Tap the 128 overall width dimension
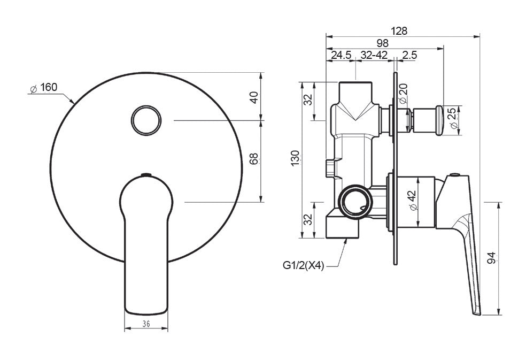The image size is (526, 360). tap(399, 31)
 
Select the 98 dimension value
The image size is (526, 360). tap(382, 43)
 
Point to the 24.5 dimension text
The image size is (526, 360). tap(341, 55)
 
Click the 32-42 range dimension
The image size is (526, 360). tap(374, 55)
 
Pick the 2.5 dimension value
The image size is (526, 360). tap(409, 55)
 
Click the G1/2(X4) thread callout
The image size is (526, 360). tap(304, 265)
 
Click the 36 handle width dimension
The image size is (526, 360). tap(146, 324)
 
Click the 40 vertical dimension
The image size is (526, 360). tap(254, 97)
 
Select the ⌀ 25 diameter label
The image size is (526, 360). tap(452, 118)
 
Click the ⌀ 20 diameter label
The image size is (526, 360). tap(403, 94)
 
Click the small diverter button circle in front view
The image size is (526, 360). tap(146, 120)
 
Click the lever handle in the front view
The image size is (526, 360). tap(146, 246)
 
